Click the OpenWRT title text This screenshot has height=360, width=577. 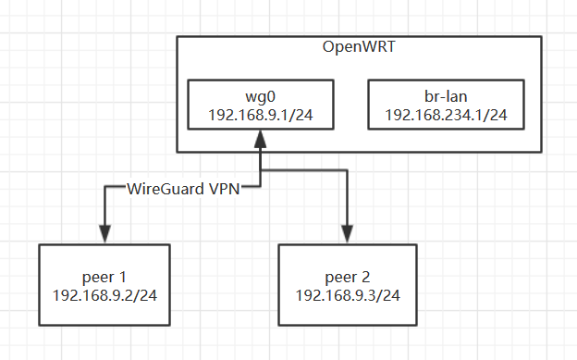pos(359,48)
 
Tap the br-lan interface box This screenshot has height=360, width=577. pos(446,103)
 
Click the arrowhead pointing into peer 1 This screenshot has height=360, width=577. pos(104,235)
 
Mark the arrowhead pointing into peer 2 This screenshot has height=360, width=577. pos(348,235)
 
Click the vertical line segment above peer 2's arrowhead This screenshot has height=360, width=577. pos(348,199)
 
